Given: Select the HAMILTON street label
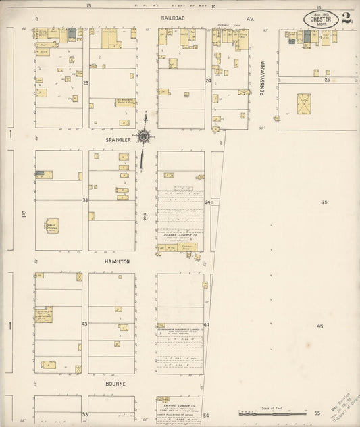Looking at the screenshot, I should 116,261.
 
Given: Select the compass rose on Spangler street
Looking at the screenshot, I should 143,136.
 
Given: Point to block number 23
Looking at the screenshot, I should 86,82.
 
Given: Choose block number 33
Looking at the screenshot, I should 86,201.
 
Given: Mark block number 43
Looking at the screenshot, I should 85,324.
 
